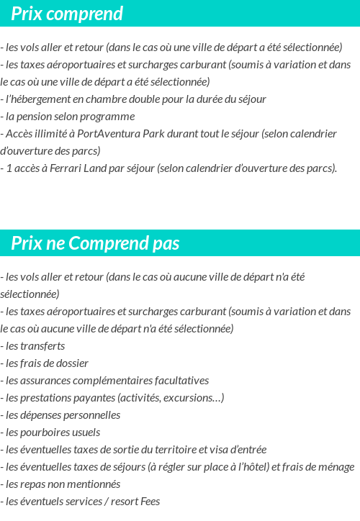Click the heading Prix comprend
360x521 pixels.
[67, 14]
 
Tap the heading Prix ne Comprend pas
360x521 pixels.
[95, 243]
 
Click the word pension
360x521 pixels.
[33, 117]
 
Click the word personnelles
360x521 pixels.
[85, 415]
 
